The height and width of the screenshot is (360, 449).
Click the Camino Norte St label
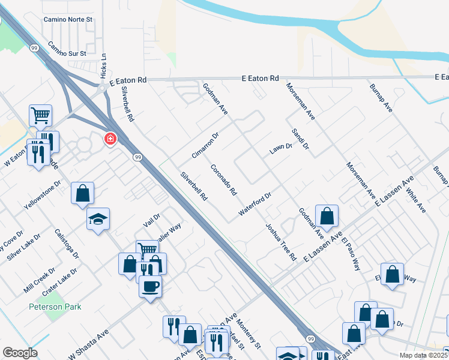[x=69, y=19]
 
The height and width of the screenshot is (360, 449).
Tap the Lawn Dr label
[x=280, y=147]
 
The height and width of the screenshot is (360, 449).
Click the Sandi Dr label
[x=300, y=139]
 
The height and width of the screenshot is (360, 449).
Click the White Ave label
[x=415, y=199]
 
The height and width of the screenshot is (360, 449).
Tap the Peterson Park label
[x=55, y=307]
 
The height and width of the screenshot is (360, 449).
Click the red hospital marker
[x=110, y=139]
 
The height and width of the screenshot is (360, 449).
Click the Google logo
[x=20, y=353]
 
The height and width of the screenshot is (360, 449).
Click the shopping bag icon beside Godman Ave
[x=327, y=215]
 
